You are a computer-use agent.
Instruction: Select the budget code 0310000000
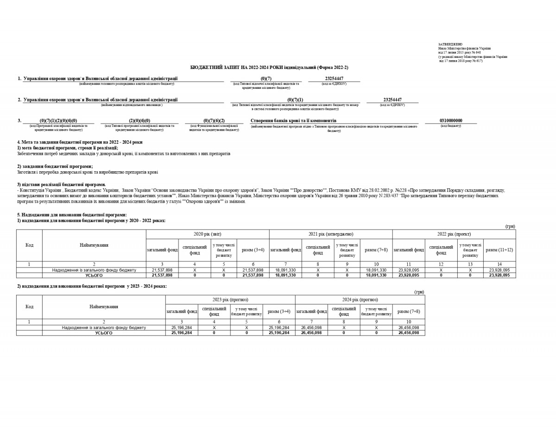(451, 121)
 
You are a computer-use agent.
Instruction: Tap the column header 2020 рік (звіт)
(207, 234)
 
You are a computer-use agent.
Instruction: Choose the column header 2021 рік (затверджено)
(331, 234)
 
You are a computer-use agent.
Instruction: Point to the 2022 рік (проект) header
(454, 234)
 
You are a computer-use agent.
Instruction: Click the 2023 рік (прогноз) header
(230, 300)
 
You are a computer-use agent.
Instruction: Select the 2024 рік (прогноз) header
(360, 300)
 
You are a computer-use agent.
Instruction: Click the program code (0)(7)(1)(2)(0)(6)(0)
(58, 121)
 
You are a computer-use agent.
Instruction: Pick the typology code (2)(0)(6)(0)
(139, 121)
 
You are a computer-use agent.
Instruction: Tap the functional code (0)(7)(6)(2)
(214, 121)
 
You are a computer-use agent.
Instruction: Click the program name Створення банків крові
(293, 121)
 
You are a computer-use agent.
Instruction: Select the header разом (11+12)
(499, 250)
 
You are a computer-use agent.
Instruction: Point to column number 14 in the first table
(499, 264)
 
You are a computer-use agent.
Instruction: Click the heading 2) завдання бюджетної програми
(55, 166)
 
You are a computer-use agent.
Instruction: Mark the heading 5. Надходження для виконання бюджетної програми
(72, 215)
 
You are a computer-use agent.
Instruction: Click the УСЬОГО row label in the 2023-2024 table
(104, 333)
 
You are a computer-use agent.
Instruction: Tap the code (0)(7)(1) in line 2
(295, 99)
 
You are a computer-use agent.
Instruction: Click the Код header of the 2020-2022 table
(29, 245)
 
